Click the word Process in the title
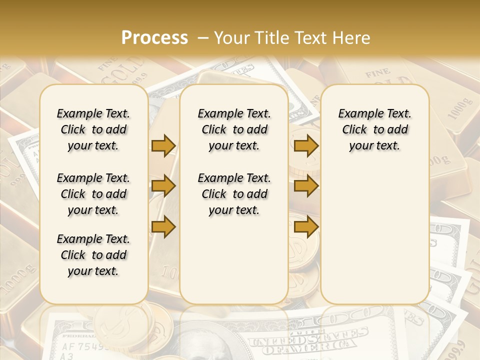(154, 37)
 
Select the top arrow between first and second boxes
(163, 145)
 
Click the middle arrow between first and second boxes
(163, 186)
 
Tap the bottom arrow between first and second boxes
(163, 226)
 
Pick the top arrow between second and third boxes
(306, 145)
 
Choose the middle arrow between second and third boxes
(306, 186)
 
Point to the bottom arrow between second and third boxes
(306, 226)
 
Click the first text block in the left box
(93, 129)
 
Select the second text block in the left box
(93, 194)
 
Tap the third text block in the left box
(93, 255)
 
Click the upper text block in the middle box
(234, 129)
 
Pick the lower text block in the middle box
(234, 194)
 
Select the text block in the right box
(374, 129)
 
